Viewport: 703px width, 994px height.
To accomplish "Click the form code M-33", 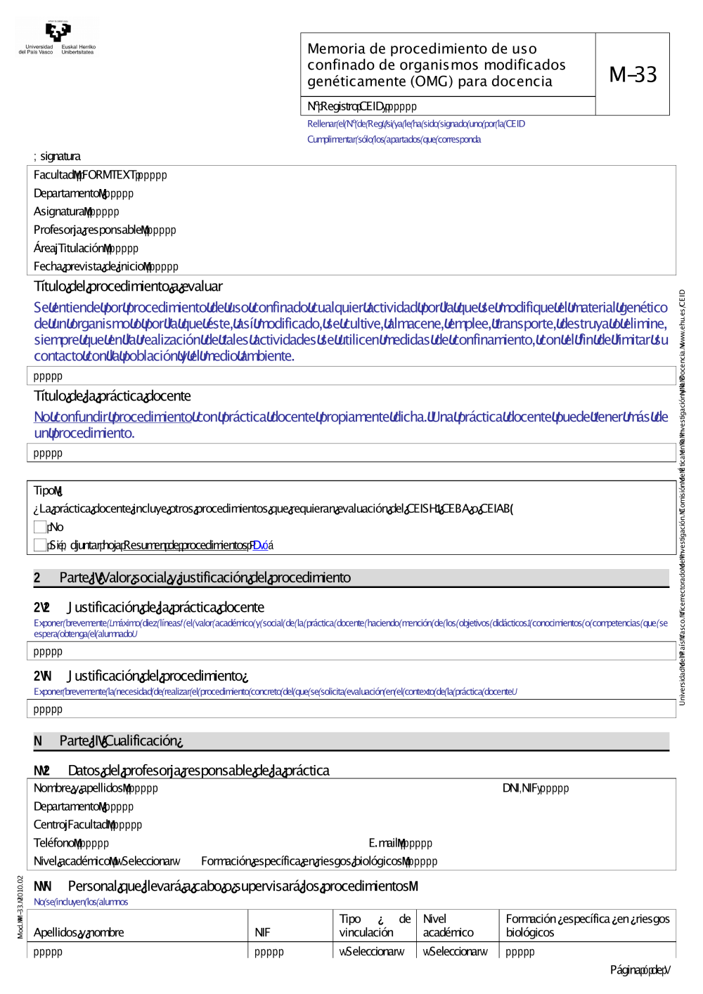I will (x=633, y=74).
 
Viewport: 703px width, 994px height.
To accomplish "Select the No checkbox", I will (x=40, y=527).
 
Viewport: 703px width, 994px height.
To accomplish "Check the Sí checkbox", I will (x=40, y=545).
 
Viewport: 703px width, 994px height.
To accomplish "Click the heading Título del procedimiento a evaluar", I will (x=128, y=287).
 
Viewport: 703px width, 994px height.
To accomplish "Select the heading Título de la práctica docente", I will (x=112, y=396).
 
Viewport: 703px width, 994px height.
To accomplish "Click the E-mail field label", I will (x=387, y=843).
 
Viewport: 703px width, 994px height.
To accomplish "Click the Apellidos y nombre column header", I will (x=79, y=932).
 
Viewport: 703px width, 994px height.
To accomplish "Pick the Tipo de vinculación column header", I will (x=375, y=925).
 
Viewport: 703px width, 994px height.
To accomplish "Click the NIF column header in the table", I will (x=262, y=932).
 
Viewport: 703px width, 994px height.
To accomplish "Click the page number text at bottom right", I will (x=640, y=970).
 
